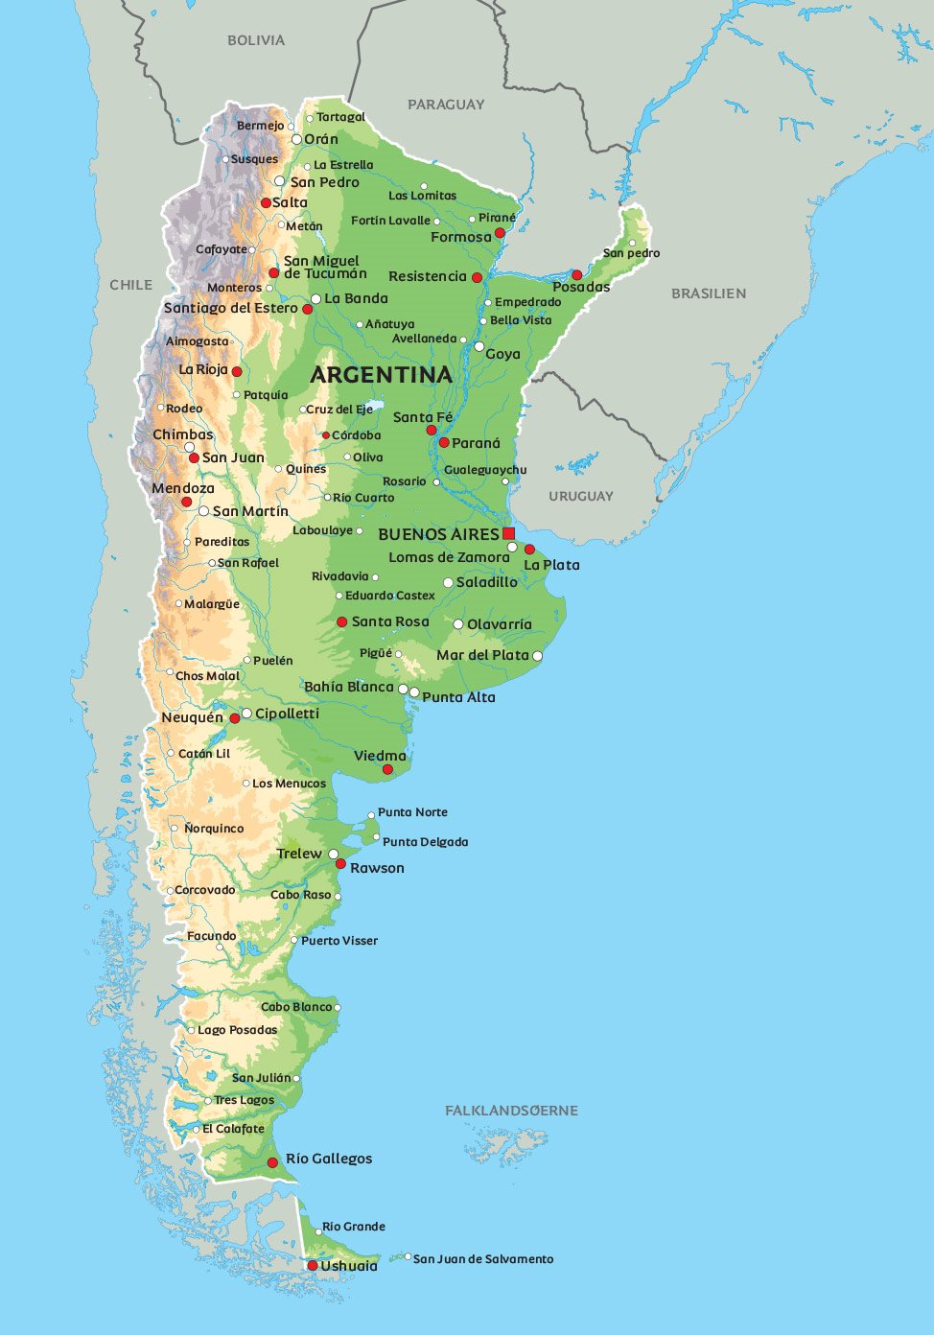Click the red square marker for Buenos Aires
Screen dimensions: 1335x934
pos(508,533)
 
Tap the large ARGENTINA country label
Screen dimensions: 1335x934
pos(381,375)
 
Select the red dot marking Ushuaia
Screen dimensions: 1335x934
pos(312,1266)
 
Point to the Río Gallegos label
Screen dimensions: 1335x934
pos(329,1159)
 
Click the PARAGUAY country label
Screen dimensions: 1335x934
pos(446,105)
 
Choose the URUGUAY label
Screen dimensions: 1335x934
pos(581,496)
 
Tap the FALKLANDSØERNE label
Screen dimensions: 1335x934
pos(511,1111)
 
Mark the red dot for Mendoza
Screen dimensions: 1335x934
pos(186,502)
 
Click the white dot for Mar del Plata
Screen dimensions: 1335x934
pos(537,656)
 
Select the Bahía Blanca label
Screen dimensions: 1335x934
pos(349,687)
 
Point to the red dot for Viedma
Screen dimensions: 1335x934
pos(387,769)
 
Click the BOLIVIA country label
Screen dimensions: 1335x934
pos(256,40)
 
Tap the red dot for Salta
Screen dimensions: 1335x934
pos(266,203)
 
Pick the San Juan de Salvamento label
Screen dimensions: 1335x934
pos(483,1259)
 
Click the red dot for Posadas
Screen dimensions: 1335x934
pos(576,274)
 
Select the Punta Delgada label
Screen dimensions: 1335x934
pos(426,842)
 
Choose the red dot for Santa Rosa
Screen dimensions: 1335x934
pos(341,622)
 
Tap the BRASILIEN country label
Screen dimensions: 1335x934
pos(709,293)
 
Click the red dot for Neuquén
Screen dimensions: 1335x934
pos(234,718)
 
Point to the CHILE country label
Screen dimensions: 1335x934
pos(131,285)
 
